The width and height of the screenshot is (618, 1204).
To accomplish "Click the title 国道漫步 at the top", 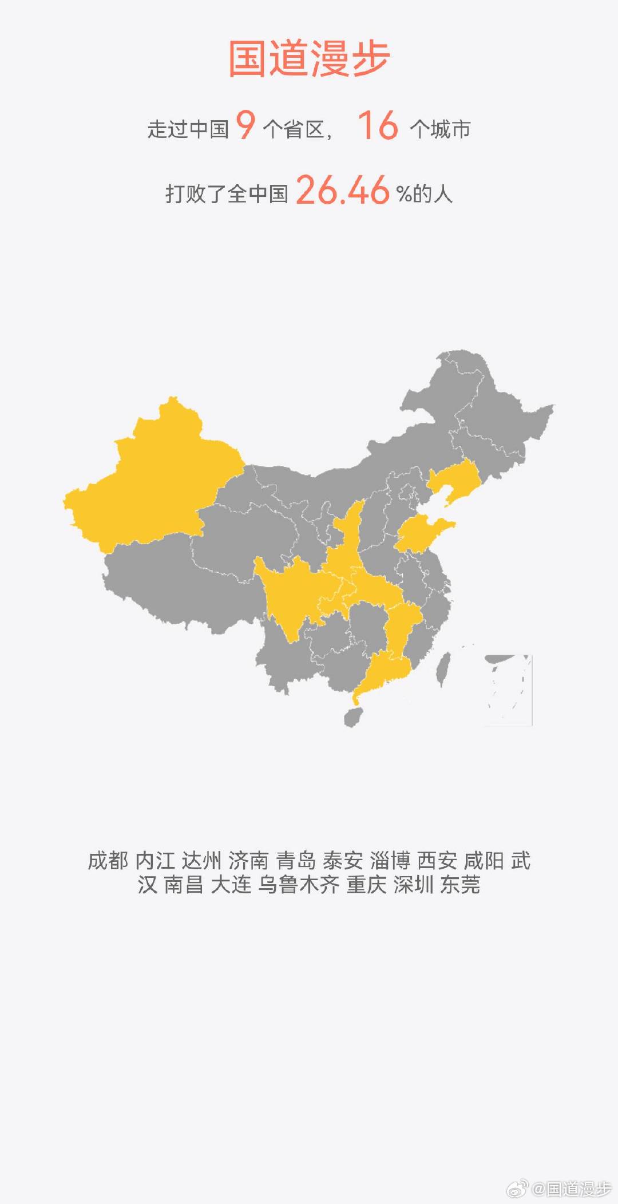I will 309,59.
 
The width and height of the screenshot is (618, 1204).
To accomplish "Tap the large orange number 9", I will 245,125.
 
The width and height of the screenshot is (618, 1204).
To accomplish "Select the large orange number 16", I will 378,125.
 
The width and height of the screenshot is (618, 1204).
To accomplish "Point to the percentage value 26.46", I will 342,190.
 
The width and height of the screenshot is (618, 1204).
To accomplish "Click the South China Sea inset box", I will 509,690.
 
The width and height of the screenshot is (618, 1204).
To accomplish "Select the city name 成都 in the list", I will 108,861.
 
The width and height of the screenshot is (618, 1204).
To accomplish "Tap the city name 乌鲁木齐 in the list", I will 299,885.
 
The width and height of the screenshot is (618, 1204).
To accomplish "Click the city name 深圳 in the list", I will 413,885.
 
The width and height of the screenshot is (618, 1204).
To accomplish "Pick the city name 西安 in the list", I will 437,861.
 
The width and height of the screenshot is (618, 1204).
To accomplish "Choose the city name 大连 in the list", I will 231,885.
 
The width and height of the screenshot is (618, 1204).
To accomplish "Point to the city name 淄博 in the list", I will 390,861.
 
